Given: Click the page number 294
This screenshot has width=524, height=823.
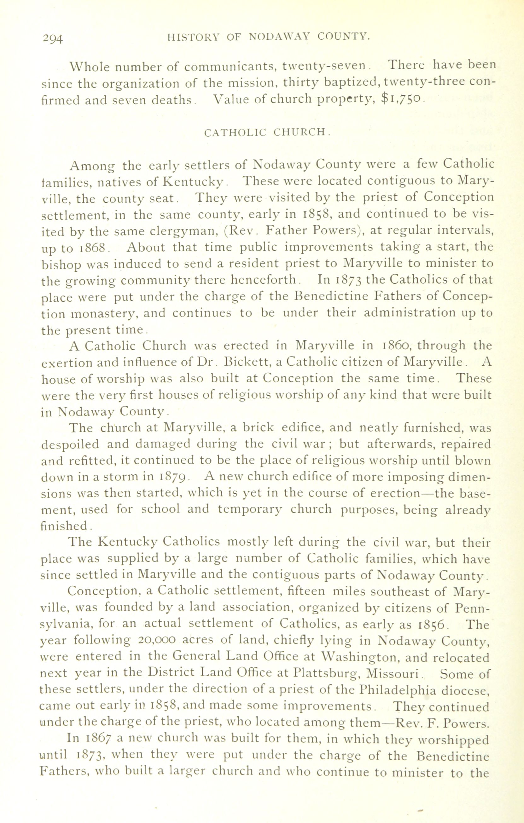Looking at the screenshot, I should coord(53,39).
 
